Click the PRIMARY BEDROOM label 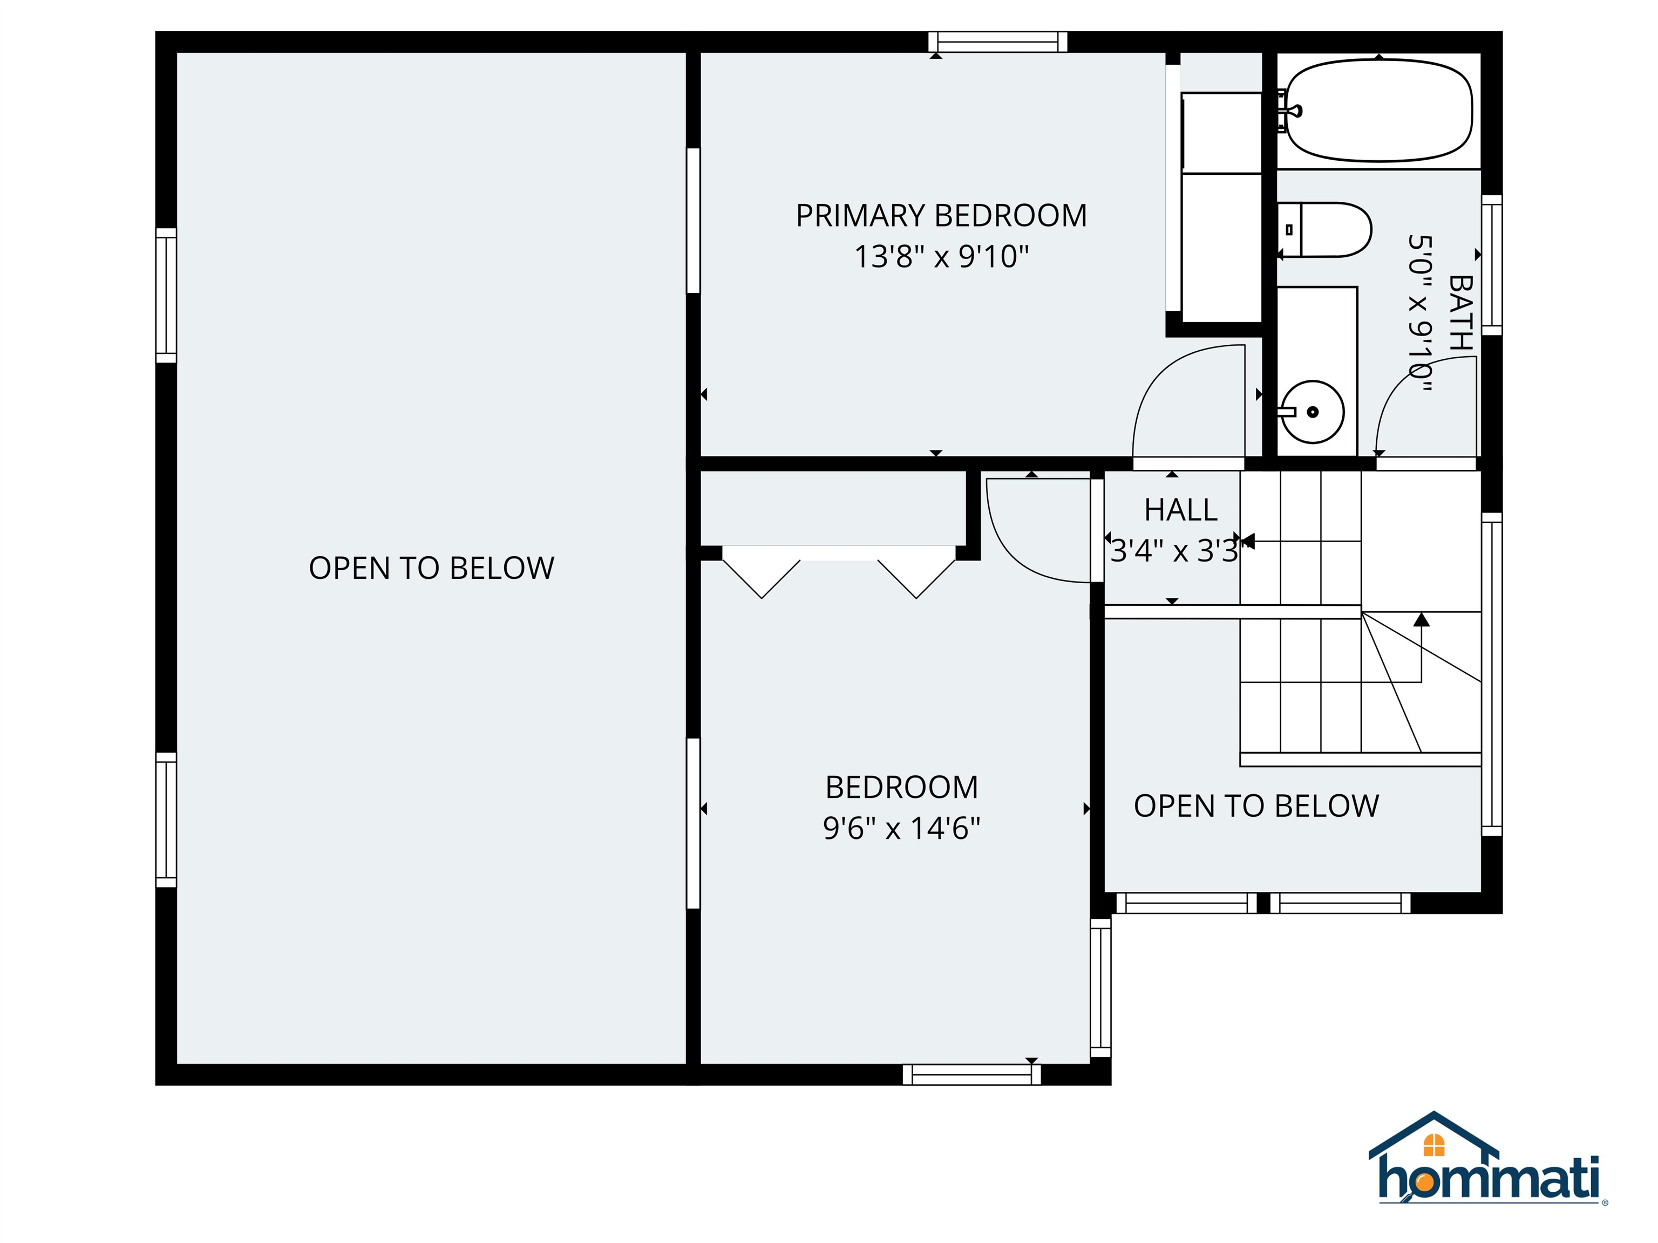pos(941,216)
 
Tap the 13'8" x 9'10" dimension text pos(941,257)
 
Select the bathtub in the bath pos(1378,110)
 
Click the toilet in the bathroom pos(1324,229)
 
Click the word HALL pos(1180,510)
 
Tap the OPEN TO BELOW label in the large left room pos(431,568)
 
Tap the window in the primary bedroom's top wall pos(997,42)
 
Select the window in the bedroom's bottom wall pos(971,1075)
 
